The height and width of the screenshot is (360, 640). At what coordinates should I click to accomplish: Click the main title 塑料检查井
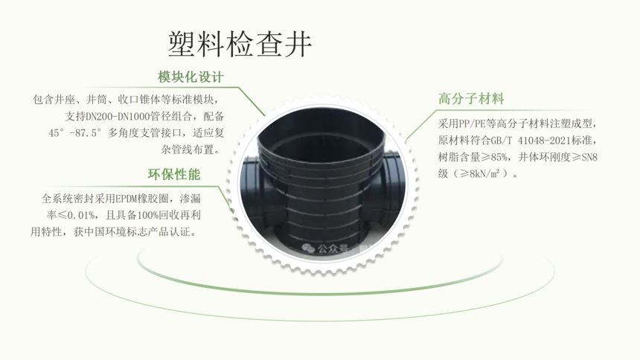pos(240,44)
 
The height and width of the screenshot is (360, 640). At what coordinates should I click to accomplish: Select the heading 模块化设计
pos(191,77)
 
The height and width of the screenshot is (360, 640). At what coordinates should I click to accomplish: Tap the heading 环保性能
pos(174,174)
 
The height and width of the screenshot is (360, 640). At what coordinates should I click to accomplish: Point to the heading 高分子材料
pos(471,99)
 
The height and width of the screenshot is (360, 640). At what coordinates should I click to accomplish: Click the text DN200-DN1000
pos(117,117)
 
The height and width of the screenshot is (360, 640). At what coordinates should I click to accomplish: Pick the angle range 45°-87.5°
pos(74,133)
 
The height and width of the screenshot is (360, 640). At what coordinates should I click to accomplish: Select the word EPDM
pos(127,199)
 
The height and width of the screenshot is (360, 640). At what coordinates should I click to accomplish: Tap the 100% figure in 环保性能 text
pos(147,216)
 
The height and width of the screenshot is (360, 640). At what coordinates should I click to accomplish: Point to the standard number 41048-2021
pos(544,141)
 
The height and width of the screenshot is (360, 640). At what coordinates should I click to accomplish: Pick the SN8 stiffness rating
pos(589,158)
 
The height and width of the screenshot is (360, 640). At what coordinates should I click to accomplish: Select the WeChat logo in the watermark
pos(308,248)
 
